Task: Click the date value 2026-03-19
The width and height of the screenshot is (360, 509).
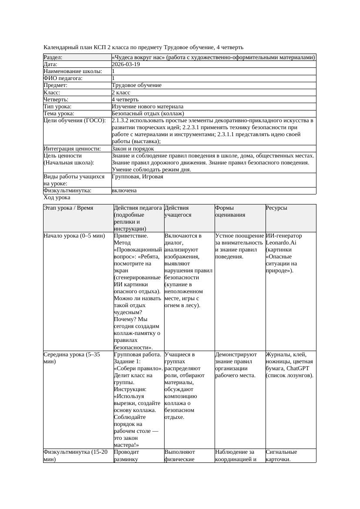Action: point(126,64)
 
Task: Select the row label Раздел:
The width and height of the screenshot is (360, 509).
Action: point(53,57)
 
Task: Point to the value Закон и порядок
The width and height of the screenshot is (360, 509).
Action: point(133,149)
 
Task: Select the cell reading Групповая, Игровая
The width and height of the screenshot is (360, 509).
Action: point(138,177)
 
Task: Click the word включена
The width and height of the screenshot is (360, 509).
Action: point(124,191)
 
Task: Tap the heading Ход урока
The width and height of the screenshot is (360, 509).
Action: point(57,198)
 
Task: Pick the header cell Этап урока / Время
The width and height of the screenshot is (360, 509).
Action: point(68,208)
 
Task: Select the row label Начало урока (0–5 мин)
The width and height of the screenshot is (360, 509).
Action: point(74,236)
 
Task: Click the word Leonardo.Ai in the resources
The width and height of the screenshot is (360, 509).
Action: point(281,243)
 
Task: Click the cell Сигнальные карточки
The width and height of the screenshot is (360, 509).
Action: point(281,455)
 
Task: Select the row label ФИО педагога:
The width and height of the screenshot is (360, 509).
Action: point(63,78)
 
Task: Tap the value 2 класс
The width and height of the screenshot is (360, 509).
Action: point(121,93)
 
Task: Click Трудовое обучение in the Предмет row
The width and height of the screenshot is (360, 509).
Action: point(136,85)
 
